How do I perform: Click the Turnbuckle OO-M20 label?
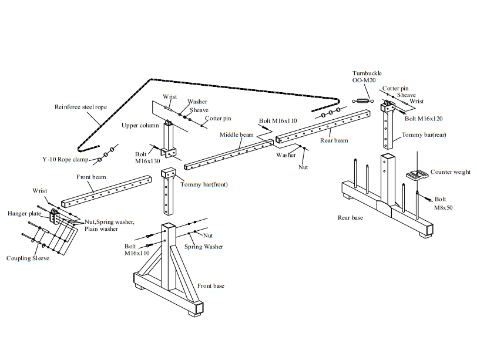point(367,76)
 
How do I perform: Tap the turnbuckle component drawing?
point(362,101)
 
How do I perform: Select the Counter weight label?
point(450,172)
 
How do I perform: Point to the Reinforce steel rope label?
point(80,107)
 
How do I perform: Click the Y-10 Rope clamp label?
point(65,159)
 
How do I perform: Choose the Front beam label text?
point(91,177)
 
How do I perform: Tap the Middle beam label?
point(236,134)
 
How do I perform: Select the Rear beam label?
point(334,140)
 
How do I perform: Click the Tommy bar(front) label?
point(204,184)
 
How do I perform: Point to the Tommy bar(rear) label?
point(424,134)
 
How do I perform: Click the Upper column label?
point(140,125)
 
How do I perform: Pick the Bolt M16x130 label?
point(147,157)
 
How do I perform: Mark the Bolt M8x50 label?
point(443,203)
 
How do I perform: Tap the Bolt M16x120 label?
point(424,119)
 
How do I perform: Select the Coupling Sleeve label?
point(28,258)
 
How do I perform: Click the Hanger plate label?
point(24,213)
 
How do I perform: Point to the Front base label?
point(210,286)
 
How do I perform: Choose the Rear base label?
point(350,218)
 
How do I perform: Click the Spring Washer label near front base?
point(203,247)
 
